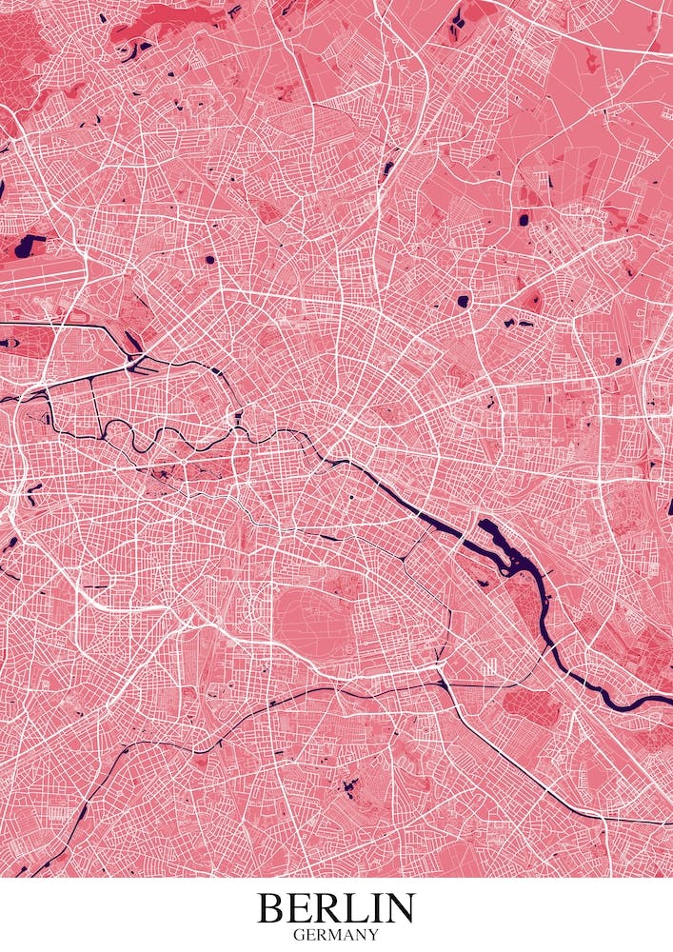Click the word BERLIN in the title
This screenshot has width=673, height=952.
pos(336,907)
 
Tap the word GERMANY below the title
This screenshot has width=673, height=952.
pos(336,935)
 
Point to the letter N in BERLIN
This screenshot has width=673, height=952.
pos(398,907)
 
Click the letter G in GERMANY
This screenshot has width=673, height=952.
pos(298,935)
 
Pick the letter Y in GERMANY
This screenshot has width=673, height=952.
pos(374,935)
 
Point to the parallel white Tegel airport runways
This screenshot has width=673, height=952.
pos(38,268)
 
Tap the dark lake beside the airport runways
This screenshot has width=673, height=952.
pos(29,246)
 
